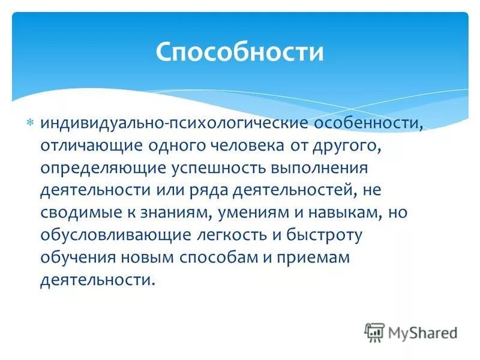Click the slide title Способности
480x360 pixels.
(x=239, y=52)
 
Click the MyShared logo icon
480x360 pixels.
(x=374, y=332)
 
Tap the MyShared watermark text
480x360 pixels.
(x=423, y=332)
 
